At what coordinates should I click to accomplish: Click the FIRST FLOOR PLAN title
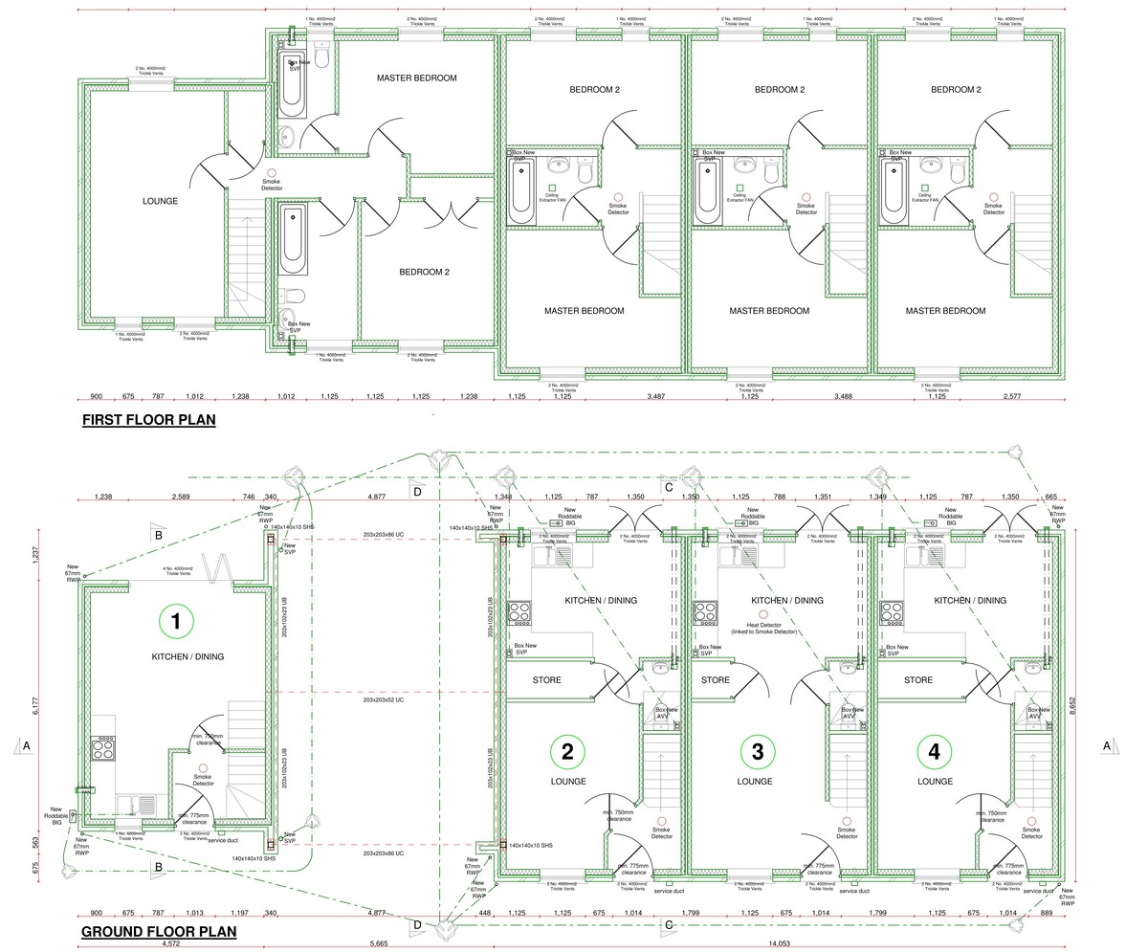tap(148, 420)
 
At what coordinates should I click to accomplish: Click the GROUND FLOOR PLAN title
tap(159, 931)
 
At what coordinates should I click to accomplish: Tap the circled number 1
tap(175, 622)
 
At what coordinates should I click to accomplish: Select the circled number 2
tap(567, 751)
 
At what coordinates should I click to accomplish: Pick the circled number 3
tap(758, 751)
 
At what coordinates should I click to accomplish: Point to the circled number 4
tap(934, 751)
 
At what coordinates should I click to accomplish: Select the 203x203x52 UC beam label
tap(383, 700)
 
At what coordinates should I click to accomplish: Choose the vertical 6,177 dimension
tap(36, 705)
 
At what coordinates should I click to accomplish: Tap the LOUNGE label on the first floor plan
tap(160, 201)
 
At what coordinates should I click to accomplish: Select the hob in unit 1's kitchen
tap(103, 747)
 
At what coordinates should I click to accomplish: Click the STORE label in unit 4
tap(917, 680)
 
